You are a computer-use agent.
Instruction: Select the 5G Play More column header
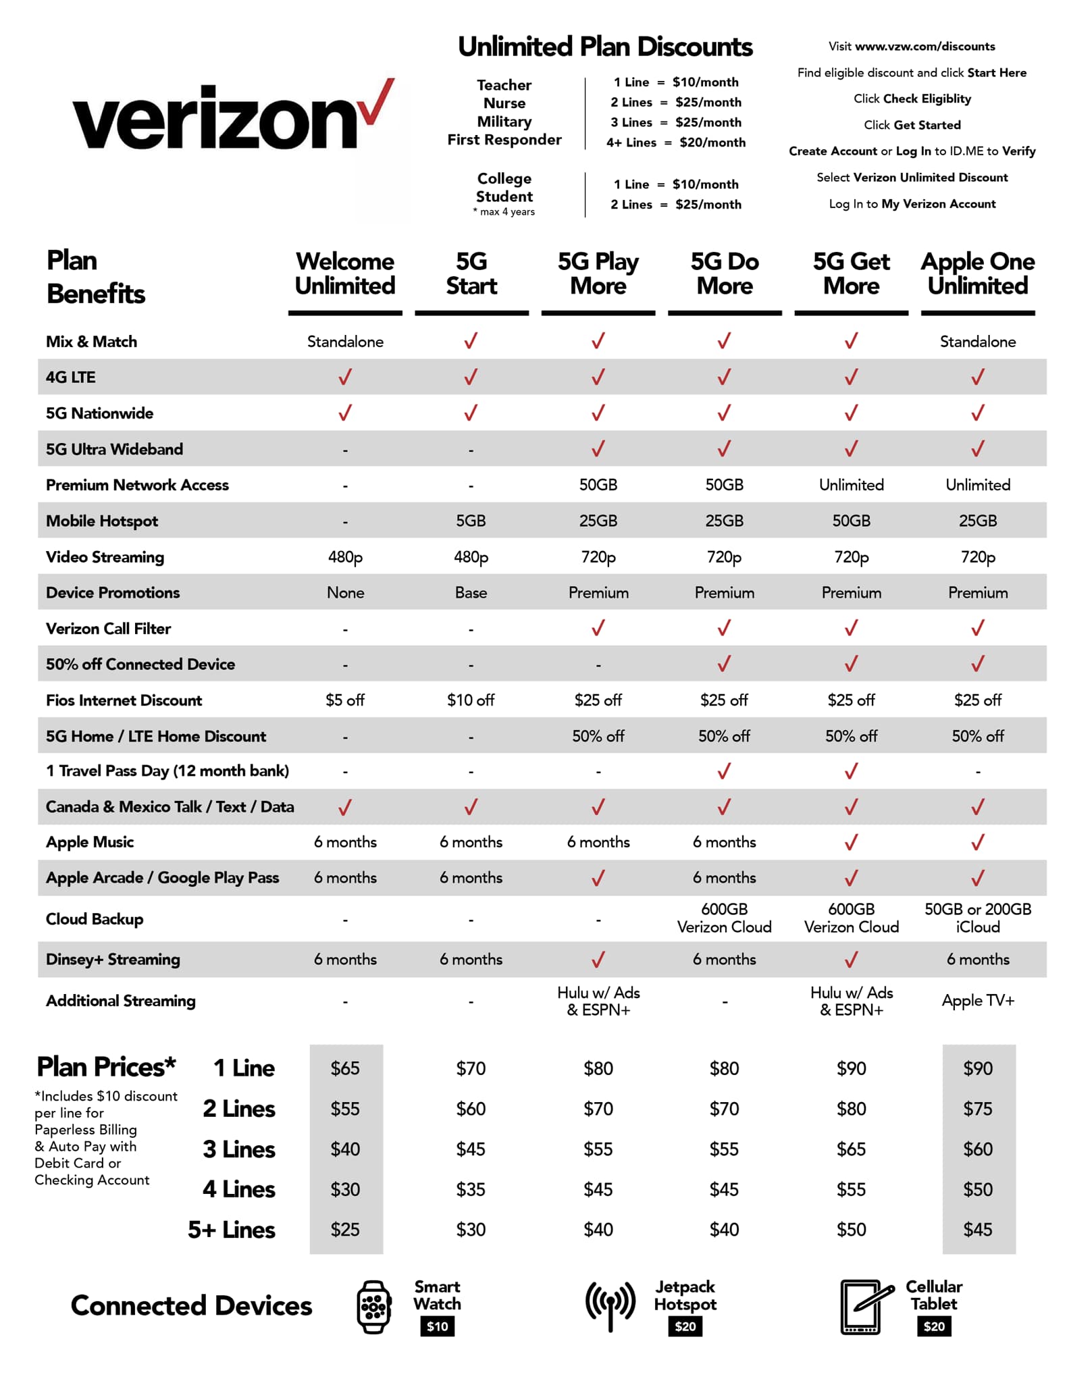598,273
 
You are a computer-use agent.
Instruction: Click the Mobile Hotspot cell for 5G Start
471,521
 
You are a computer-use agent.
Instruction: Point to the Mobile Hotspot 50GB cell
851,521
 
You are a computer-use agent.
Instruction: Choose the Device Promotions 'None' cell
345,592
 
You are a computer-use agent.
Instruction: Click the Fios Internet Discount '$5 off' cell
345,700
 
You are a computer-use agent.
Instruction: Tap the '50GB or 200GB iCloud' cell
977,918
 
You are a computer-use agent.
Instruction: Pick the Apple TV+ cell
977,1000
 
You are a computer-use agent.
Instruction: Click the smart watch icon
374,1307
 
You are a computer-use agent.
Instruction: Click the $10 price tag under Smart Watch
437,1326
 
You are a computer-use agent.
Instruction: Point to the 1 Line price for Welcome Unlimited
345,1068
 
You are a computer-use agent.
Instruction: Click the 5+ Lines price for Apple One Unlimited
977,1229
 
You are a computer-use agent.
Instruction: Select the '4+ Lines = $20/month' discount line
675,142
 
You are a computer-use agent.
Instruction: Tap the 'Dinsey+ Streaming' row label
113,959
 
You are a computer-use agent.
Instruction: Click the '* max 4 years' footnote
504,211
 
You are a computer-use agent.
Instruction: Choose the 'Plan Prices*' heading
106,1067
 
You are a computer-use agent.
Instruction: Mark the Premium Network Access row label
137,485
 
